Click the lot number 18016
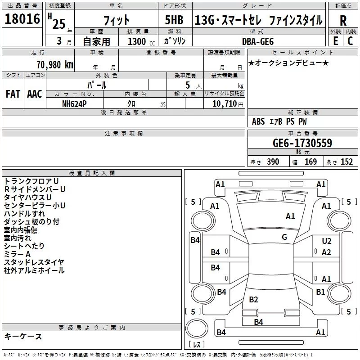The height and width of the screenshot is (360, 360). point(22,19)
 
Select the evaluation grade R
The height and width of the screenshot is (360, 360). point(343,21)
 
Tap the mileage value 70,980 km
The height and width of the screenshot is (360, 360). point(55,65)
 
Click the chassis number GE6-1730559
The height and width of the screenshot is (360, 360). point(302,143)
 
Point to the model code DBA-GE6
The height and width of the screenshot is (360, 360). point(258,41)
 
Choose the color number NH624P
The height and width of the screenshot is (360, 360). point(74,104)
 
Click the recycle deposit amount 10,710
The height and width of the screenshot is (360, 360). point(224,104)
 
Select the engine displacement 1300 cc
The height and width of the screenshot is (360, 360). point(141,41)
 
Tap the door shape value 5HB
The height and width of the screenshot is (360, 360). point(174,20)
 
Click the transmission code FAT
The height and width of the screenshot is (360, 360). point(13,94)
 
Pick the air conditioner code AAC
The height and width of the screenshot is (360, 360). point(35,94)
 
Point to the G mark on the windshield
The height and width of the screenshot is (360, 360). point(284,237)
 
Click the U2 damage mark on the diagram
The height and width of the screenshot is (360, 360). point(327,241)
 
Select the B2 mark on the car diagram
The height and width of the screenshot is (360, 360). point(253,300)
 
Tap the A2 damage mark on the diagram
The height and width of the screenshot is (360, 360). point(326,252)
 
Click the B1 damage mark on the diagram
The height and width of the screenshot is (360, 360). point(320,292)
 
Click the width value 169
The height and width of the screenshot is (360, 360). point(310,162)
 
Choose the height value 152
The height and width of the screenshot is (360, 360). point(346,162)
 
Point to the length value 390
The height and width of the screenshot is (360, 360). point(273,162)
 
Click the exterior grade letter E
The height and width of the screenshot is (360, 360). point(336,41)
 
